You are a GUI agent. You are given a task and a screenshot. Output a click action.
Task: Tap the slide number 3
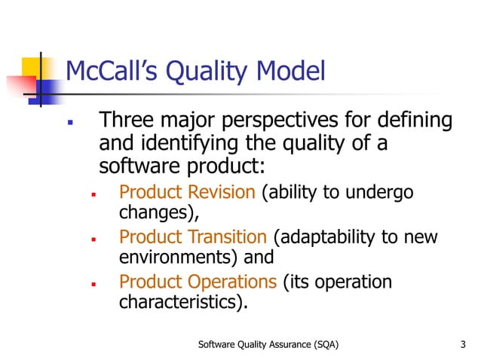pyautogui.click(x=462, y=345)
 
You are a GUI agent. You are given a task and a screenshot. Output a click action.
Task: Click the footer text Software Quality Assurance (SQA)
pyautogui.click(x=268, y=345)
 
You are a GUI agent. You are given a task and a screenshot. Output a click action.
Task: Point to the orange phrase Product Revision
pyautogui.click(x=188, y=192)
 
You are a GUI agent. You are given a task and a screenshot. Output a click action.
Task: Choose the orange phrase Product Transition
pyautogui.click(x=193, y=238)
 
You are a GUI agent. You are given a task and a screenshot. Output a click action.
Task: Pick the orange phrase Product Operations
pyautogui.click(x=198, y=282)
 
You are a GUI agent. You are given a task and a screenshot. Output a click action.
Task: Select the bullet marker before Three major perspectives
pyautogui.click(x=69, y=121)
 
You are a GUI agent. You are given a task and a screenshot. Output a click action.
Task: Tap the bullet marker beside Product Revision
pyautogui.click(x=92, y=194)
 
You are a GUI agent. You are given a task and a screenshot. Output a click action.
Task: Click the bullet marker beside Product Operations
pyautogui.click(x=92, y=284)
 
